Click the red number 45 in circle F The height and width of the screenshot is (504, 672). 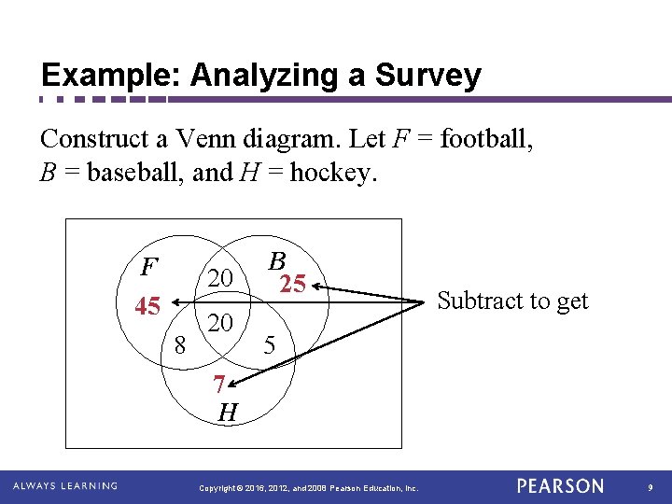[x=147, y=305]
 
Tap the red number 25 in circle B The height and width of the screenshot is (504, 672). [x=293, y=284]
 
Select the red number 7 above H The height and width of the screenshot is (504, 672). [x=218, y=384]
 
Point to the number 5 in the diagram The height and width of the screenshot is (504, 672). [x=269, y=344]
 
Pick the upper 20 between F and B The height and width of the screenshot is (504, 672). [x=220, y=277]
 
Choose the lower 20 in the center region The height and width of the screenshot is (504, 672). [x=220, y=323]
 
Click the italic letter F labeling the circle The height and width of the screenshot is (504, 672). [x=147, y=268]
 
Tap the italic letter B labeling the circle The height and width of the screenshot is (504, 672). [x=276, y=261]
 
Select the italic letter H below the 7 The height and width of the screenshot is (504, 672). [x=227, y=413]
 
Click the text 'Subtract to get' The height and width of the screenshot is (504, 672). [x=512, y=301]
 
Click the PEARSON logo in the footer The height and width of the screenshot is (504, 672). [x=561, y=486]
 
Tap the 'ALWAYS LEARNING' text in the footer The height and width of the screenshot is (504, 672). [x=65, y=486]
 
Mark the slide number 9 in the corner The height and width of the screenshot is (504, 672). [x=651, y=487]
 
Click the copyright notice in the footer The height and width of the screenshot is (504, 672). [x=310, y=487]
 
